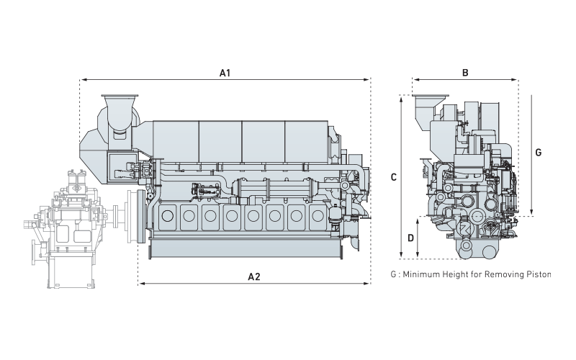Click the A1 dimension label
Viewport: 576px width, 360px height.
coord(225,73)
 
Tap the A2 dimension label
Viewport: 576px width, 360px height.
coord(254,276)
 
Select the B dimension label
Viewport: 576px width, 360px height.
coord(465,73)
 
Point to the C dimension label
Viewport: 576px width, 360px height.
coord(392,176)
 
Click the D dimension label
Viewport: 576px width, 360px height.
coord(410,238)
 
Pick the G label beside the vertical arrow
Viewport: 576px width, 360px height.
coord(539,153)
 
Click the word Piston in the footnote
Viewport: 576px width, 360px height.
coord(535,274)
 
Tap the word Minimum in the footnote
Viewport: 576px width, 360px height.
coord(423,274)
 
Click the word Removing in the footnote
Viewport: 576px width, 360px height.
coord(503,274)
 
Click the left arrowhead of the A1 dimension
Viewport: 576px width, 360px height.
coord(82,80)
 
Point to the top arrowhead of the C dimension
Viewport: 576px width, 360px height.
coord(401,99)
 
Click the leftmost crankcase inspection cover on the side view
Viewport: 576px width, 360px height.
coord(169,215)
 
